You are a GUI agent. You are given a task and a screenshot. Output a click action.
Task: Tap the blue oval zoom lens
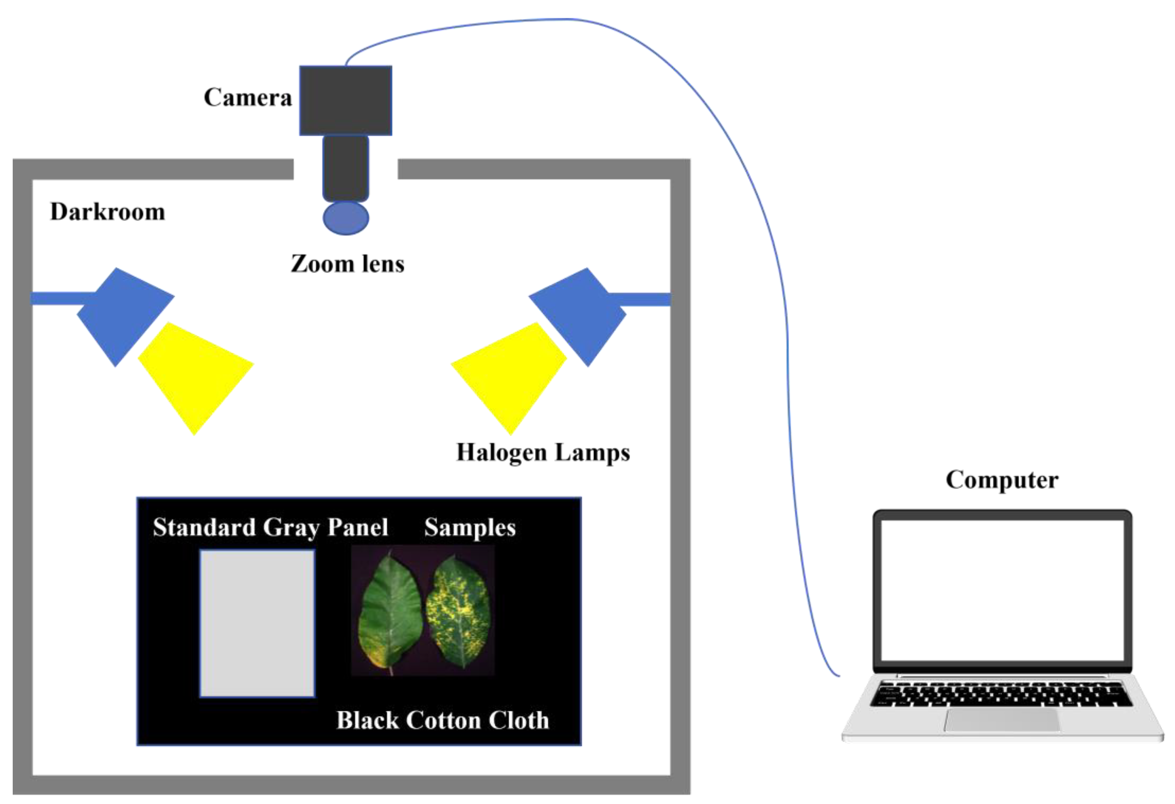point(346,218)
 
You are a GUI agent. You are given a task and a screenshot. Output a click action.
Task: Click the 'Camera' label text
point(248,97)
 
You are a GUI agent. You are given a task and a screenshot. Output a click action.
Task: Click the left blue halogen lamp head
point(124,316)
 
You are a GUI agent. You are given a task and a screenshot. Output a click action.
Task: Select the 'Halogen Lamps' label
point(543,452)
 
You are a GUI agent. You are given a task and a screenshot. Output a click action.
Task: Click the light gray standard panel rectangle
point(257,623)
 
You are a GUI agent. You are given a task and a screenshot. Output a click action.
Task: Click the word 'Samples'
point(470,528)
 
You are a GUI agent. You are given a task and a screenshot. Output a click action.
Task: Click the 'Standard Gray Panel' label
point(271,528)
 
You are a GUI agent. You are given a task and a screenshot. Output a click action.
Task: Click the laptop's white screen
point(1002,590)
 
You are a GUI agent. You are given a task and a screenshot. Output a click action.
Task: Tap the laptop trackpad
point(1002,720)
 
